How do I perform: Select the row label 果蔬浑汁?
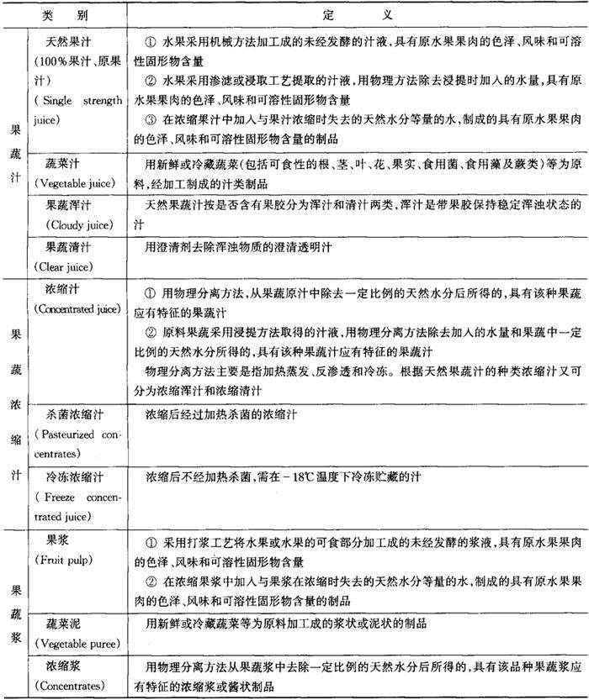click(x=70, y=207)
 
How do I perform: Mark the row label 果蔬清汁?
click(x=70, y=249)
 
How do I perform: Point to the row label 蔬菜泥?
click(x=66, y=624)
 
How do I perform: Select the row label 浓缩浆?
click(x=66, y=666)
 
